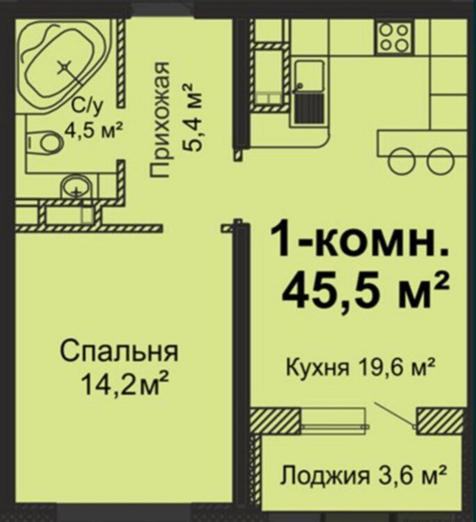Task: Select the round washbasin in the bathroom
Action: (x=76, y=187)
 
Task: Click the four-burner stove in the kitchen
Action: (x=394, y=38)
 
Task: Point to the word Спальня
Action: (x=119, y=353)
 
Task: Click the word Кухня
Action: (x=317, y=368)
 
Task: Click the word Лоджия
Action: (x=324, y=475)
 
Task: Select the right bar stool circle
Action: (x=440, y=161)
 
